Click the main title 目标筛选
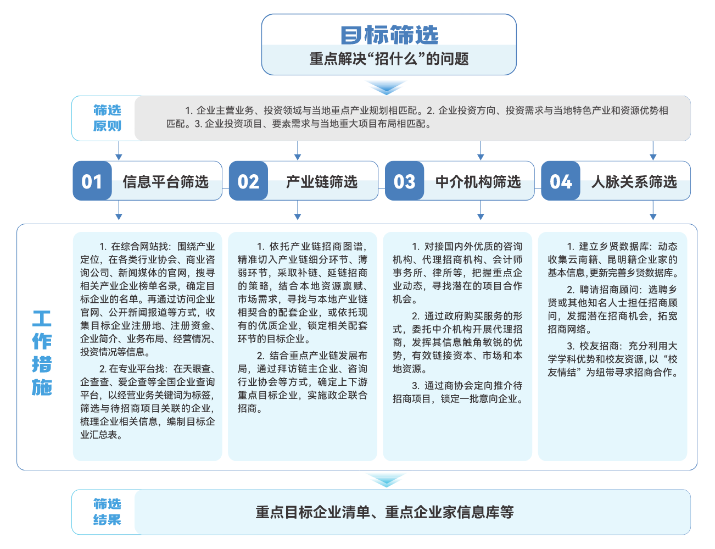click(x=389, y=35)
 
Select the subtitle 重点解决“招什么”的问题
click(x=389, y=59)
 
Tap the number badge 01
click(x=92, y=181)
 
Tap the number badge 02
click(x=248, y=181)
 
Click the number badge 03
click(x=404, y=181)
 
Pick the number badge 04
click(x=561, y=181)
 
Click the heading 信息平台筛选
click(x=166, y=181)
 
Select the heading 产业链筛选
click(x=322, y=181)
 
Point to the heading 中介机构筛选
click(x=478, y=181)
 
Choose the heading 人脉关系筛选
click(x=634, y=181)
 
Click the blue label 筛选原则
click(x=107, y=118)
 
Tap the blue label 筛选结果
click(x=107, y=512)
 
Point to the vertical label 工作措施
click(x=42, y=352)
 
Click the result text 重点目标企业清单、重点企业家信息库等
click(x=384, y=512)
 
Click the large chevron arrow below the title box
click(x=386, y=87)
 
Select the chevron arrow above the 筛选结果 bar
click(x=386, y=480)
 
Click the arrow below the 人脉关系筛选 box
click(x=653, y=210)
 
